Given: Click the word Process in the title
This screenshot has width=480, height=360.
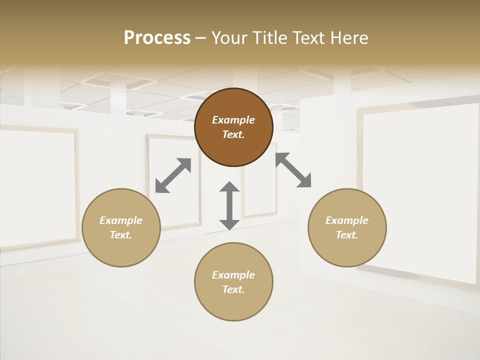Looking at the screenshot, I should coord(157,38).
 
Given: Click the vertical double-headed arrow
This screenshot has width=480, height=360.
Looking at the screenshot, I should coord(229,205).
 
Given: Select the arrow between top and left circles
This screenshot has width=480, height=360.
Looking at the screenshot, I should coord(173,175).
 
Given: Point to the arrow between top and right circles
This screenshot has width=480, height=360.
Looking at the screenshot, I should coord(293,170).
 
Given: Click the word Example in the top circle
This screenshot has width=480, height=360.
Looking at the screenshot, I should coord(233,120).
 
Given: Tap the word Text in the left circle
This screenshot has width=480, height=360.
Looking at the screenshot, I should coord(121,235).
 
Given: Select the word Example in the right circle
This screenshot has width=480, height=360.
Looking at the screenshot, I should coord(347,220).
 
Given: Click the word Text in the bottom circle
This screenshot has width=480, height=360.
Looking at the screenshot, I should coord(233,289).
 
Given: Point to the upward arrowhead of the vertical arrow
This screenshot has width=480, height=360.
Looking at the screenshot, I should coord(229,187).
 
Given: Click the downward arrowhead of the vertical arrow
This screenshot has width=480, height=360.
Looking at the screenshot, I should coord(229,224).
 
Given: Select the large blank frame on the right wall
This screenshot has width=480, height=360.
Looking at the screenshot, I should coord(420,192).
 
